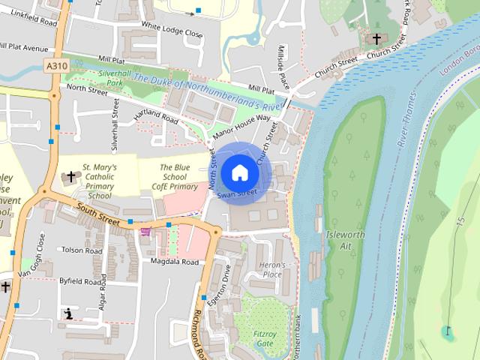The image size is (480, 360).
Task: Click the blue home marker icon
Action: [x=239, y=172]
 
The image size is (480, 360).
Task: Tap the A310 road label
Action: [x=55, y=66]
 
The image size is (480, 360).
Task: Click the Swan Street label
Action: [x=237, y=193]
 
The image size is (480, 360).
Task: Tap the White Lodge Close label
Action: [x=172, y=34]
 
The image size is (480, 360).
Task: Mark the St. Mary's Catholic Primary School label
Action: [x=109, y=181]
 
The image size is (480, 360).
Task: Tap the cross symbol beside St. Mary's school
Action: [x=71, y=178]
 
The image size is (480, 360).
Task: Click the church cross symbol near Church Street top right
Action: [x=376, y=38]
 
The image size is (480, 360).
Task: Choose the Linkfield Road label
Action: [x=28, y=23]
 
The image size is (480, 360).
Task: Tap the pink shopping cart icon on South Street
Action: [x=144, y=233]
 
